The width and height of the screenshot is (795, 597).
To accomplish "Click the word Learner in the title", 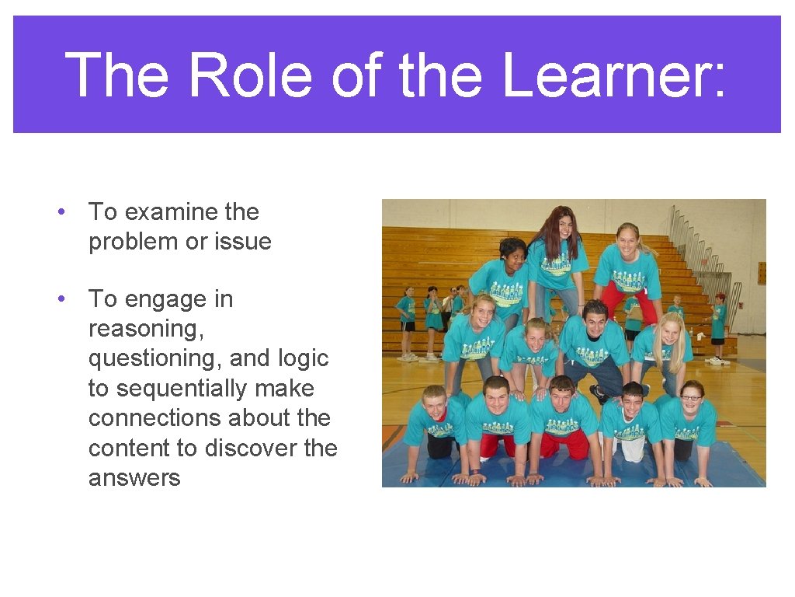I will click(613, 75).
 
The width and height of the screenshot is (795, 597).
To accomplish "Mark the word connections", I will click(163, 418).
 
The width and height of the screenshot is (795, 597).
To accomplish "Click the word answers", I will click(134, 477).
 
